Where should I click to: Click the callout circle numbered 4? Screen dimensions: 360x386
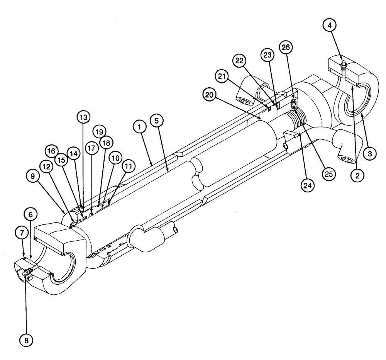coord(329,26)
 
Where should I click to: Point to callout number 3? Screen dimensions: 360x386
coord(369,153)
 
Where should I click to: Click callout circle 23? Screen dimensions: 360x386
coord(267,55)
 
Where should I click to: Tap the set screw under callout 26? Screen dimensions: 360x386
coord(294,102)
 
